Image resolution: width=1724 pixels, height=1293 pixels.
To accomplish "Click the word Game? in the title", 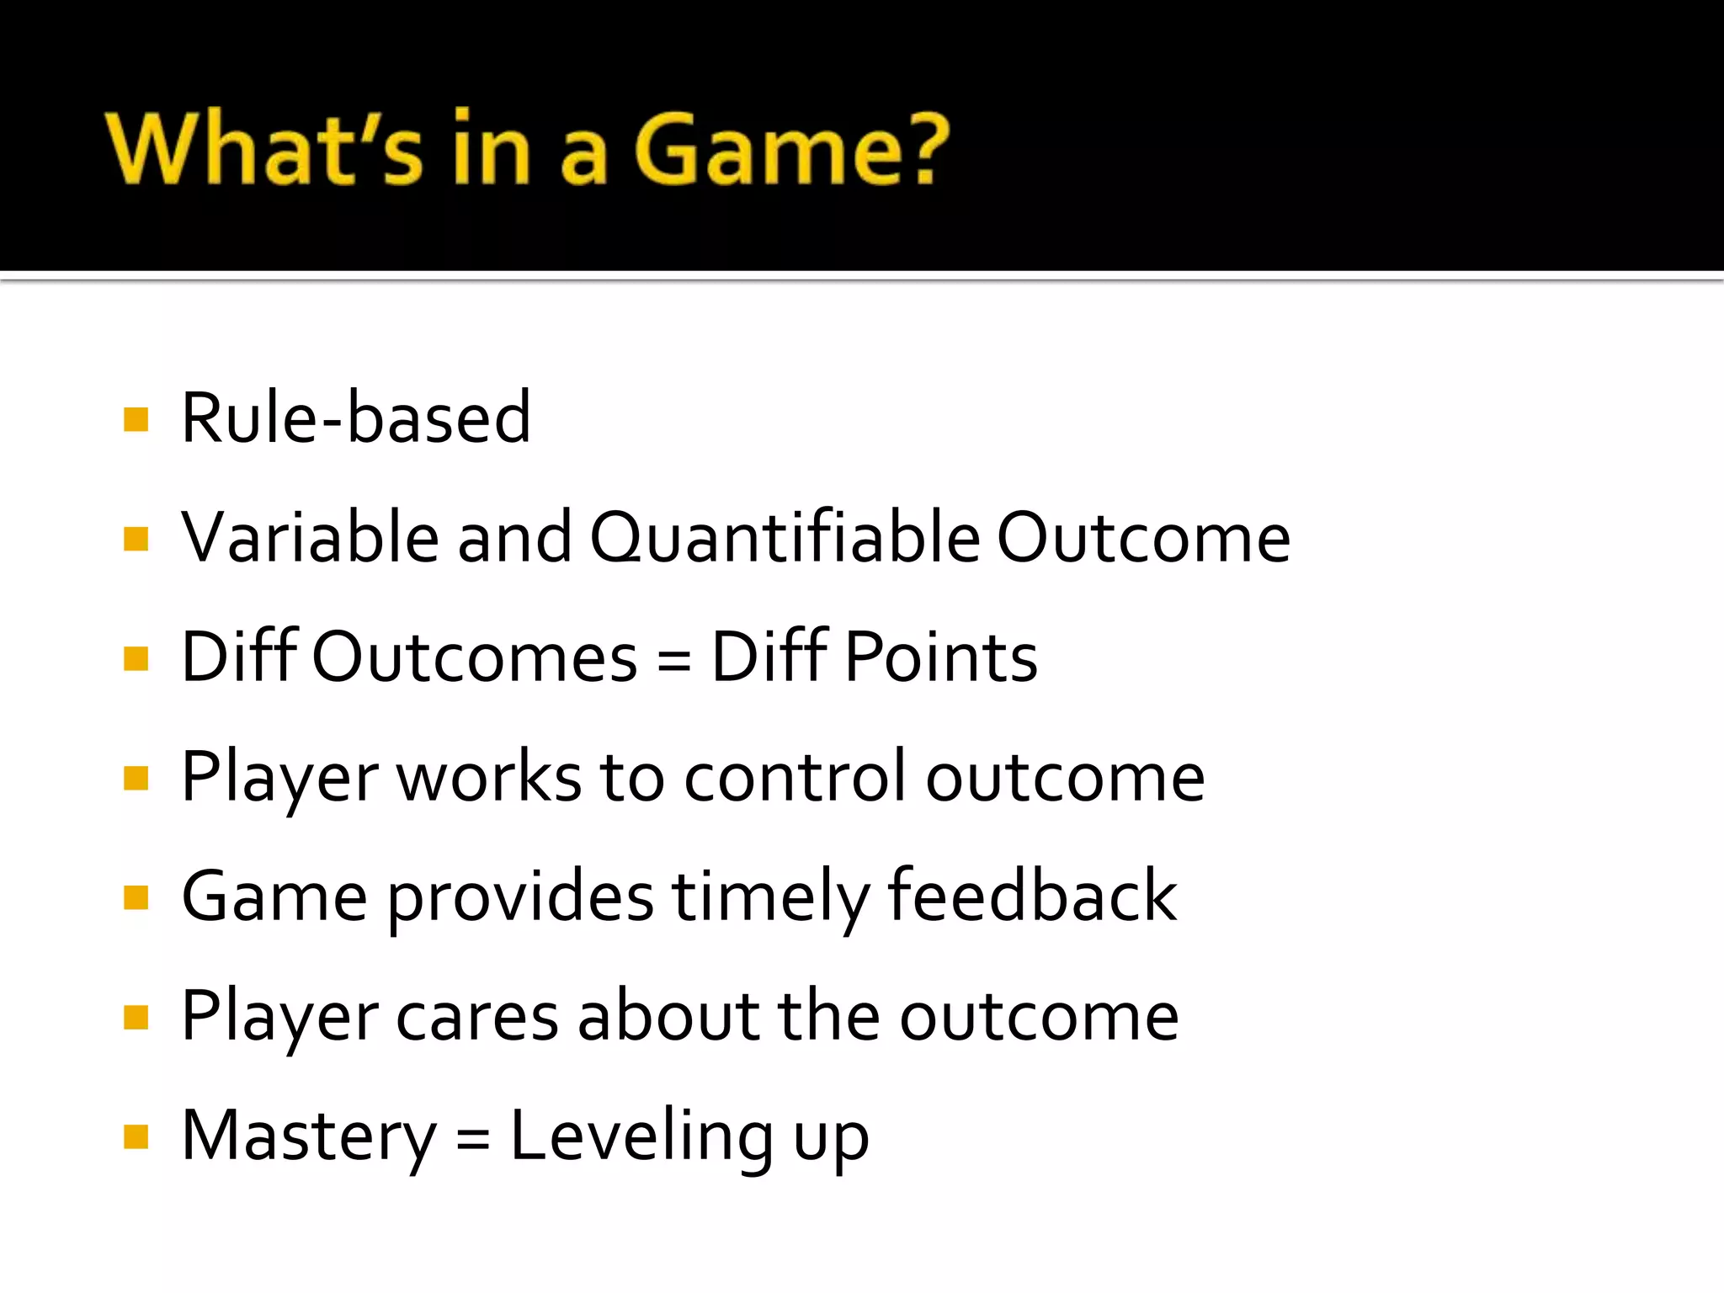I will point(791,149).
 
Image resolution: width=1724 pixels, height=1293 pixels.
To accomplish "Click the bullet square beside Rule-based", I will point(136,419).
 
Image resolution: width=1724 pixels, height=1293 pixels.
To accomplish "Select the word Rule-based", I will point(355,418).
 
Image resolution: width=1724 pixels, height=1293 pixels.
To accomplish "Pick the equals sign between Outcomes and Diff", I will point(674,659).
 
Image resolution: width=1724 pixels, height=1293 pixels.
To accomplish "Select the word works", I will point(488,776).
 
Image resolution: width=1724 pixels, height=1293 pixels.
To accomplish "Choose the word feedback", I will point(1031,896).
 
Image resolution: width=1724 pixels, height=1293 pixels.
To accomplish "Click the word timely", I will point(769,897).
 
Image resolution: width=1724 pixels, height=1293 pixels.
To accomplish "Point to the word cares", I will point(476,1017).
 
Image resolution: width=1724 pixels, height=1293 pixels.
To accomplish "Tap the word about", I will point(669,1015).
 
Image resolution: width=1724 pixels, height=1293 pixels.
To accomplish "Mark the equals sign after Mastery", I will point(473,1139).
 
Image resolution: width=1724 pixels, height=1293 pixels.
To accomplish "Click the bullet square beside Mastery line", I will point(136,1137).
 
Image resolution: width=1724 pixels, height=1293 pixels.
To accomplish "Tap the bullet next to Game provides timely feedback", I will point(136,897).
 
